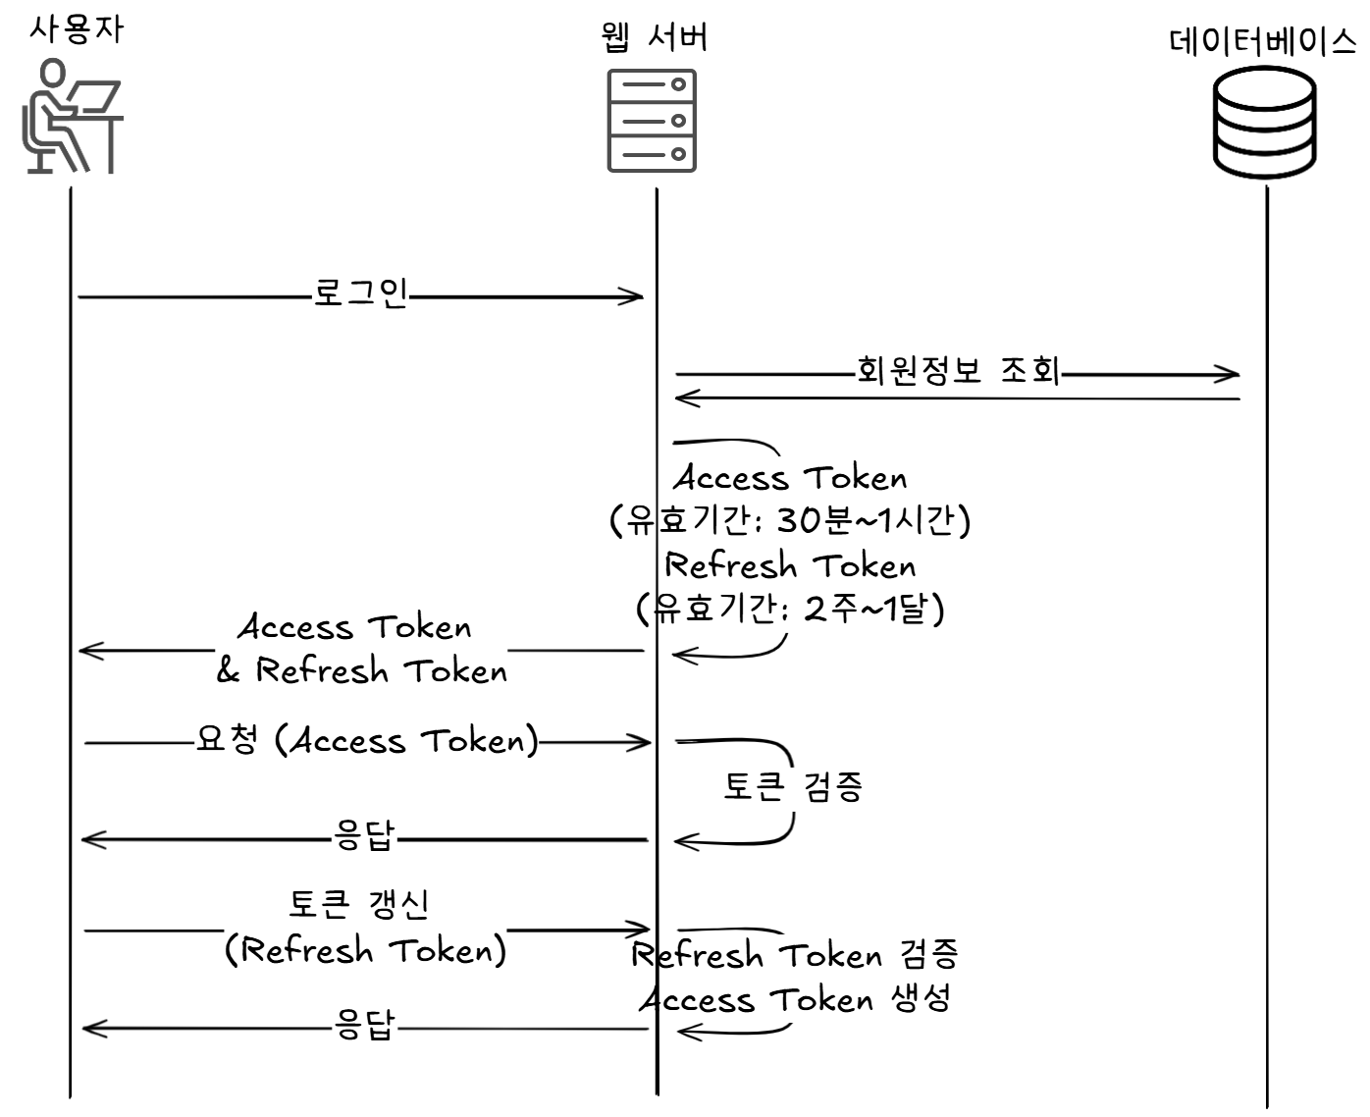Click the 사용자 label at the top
pos(76,28)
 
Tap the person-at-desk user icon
pos(72,117)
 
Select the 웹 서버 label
pos(653,37)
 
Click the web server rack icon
pos(652,120)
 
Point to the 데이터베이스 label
pos(1263,42)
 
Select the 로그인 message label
pos(360,293)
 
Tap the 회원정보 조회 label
pos(959,371)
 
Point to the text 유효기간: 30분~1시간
pos(790,520)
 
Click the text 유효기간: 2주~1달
pos(790,610)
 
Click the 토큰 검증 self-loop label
pos(793,786)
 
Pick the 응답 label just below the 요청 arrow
pos(364,836)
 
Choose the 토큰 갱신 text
pos(359,904)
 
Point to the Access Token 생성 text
pos(795,1000)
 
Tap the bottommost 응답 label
pos(364,1026)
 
